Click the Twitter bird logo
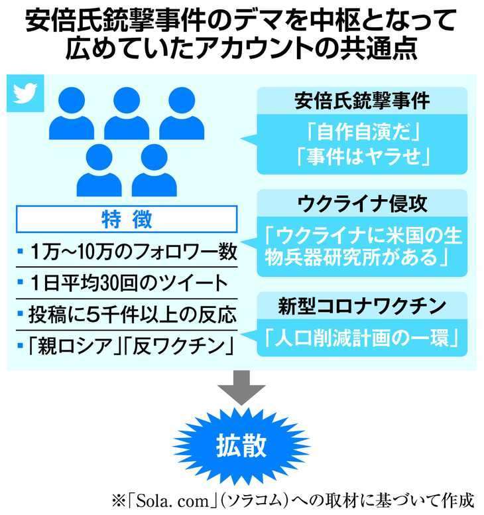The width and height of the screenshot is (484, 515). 25,93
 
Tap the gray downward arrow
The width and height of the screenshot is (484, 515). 241,388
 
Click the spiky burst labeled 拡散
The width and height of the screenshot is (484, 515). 241,446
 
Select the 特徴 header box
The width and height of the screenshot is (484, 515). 127,219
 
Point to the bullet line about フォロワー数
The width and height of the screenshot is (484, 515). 128,252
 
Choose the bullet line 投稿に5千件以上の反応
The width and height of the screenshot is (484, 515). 128,315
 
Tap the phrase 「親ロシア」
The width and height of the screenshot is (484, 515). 75,346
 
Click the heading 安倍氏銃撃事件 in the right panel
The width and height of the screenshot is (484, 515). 362,100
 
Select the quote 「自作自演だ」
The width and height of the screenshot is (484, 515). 363,132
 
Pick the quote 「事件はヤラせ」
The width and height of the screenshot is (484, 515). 363,156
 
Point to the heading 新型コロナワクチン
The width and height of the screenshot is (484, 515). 362,306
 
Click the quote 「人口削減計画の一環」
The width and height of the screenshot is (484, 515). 362,338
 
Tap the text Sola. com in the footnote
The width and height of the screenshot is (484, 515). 172,501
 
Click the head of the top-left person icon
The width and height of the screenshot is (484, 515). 72,100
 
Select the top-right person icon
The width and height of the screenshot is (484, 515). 182,113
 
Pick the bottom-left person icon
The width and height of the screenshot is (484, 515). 99,170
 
